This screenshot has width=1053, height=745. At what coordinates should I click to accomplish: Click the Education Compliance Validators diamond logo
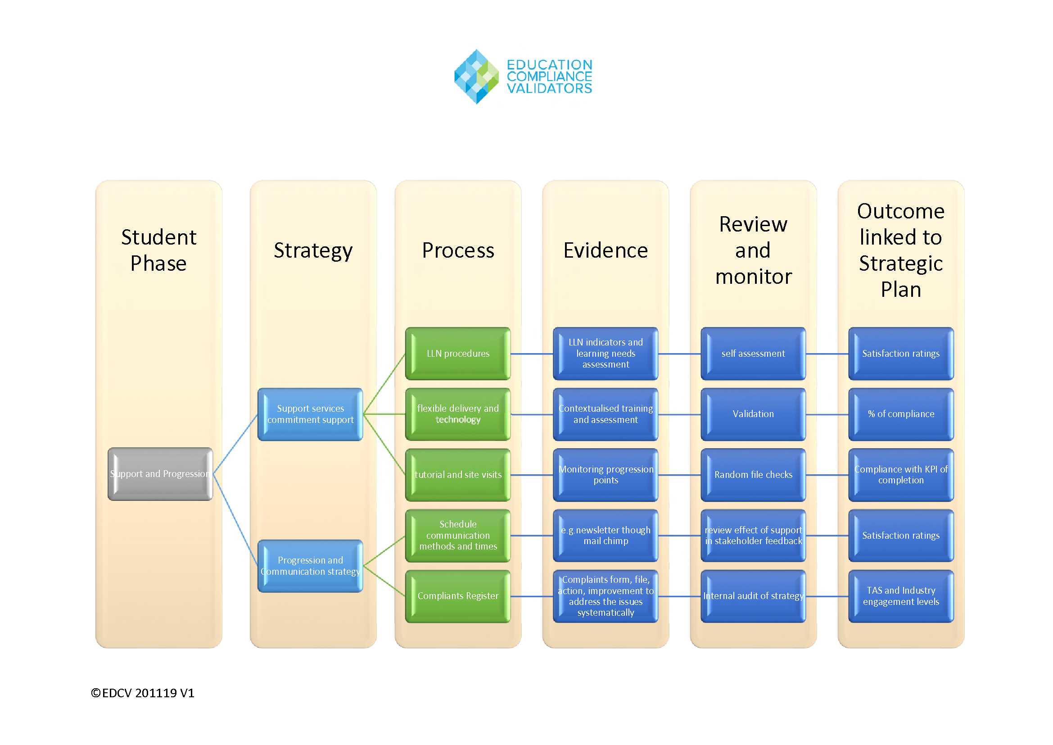[x=476, y=77]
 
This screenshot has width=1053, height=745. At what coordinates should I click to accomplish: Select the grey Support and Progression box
[x=160, y=474]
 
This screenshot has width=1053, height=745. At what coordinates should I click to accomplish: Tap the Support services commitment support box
[x=311, y=414]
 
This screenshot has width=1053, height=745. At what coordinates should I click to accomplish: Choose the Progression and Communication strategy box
[x=311, y=566]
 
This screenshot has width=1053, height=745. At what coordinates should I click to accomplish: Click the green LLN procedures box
[x=458, y=354]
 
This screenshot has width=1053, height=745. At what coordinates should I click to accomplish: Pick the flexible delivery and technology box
[x=458, y=414]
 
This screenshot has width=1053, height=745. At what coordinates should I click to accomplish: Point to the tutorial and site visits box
[x=458, y=475]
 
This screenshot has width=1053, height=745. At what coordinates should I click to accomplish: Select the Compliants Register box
[x=458, y=596]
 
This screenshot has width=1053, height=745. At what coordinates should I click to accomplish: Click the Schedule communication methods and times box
[x=458, y=536]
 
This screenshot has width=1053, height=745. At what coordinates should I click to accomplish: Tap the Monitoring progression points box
[x=606, y=475]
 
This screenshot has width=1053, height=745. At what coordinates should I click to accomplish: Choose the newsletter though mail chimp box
[x=606, y=536]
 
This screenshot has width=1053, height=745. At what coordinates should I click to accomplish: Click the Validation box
[x=753, y=414]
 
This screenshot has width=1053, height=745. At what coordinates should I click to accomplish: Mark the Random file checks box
[x=753, y=475]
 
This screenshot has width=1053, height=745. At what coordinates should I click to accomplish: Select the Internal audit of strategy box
[x=753, y=596]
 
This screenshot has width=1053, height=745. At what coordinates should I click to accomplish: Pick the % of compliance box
[x=901, y=414]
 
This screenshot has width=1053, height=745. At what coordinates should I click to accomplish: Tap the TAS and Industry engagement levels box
[x=901, y=596]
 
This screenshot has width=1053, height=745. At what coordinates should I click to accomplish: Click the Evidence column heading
[x=606, y=250]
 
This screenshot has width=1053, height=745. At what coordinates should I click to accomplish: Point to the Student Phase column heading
[x=158, y=250]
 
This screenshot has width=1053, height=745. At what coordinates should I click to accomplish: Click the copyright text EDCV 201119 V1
[x=143, y=693]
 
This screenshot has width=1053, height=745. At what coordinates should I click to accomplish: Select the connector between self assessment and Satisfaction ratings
[x=827, y=354]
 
